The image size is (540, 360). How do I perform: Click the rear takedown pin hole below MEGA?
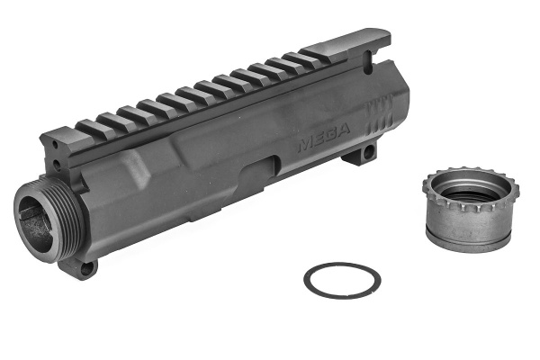coord(366,155)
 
